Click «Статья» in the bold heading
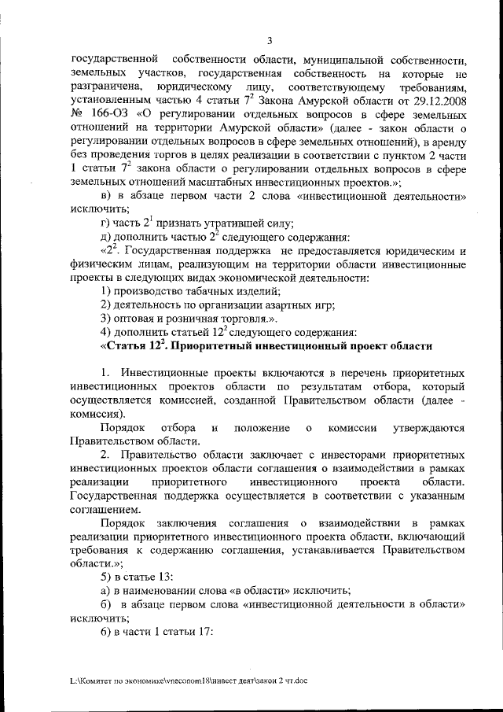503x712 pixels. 128,345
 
